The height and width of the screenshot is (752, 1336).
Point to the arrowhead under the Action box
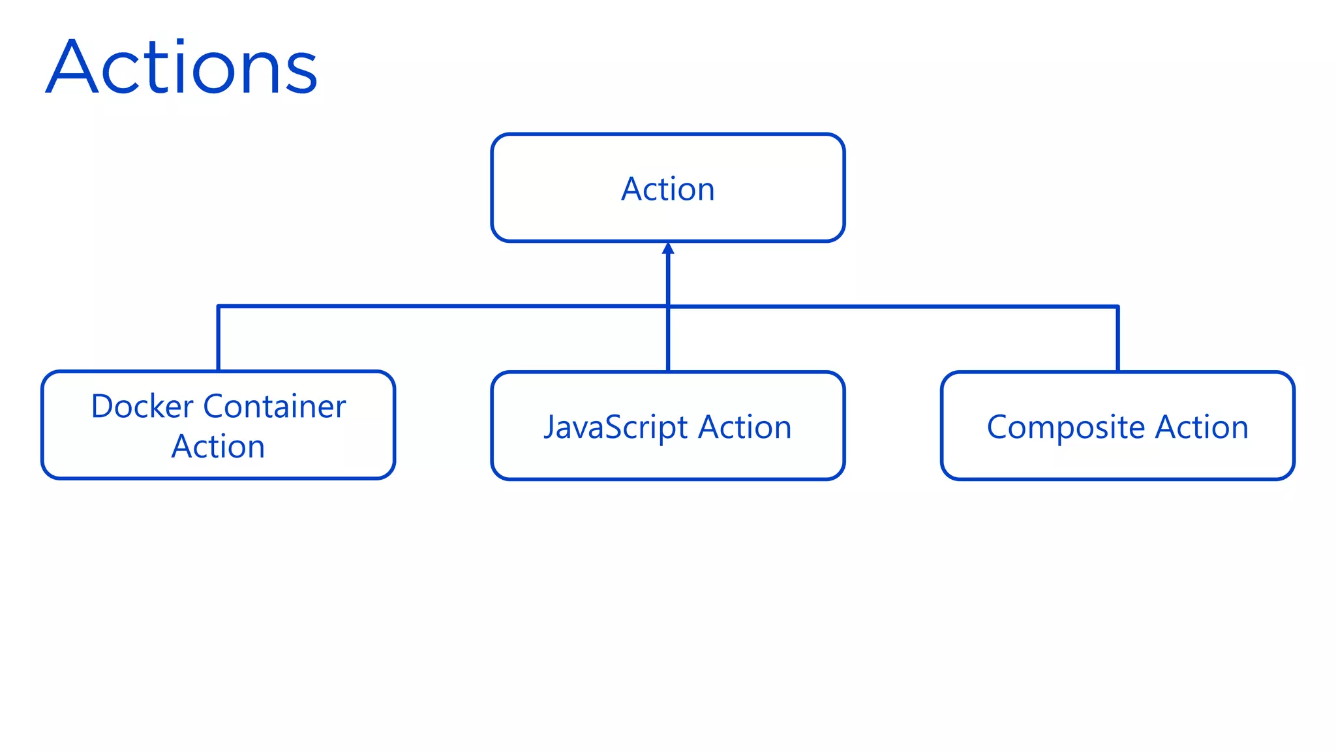point(667,249)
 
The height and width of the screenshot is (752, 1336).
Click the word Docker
point(142,407)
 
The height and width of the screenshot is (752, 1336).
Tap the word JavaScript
point(616,428)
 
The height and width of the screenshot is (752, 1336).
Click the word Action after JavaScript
point(745,428)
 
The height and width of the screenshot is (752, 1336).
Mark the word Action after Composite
point(1202,428)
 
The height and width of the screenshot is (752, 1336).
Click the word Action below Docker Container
point(218,447)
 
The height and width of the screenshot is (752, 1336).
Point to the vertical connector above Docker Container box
point(218,339)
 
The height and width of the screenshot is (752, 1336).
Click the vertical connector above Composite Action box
point(1117,339)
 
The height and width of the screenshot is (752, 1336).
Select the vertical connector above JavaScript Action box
point(668,339)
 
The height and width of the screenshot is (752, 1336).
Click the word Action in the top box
point(667,189)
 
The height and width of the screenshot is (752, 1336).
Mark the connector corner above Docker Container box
point(218,305)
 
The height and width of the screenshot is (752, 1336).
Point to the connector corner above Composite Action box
point(1117,306)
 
